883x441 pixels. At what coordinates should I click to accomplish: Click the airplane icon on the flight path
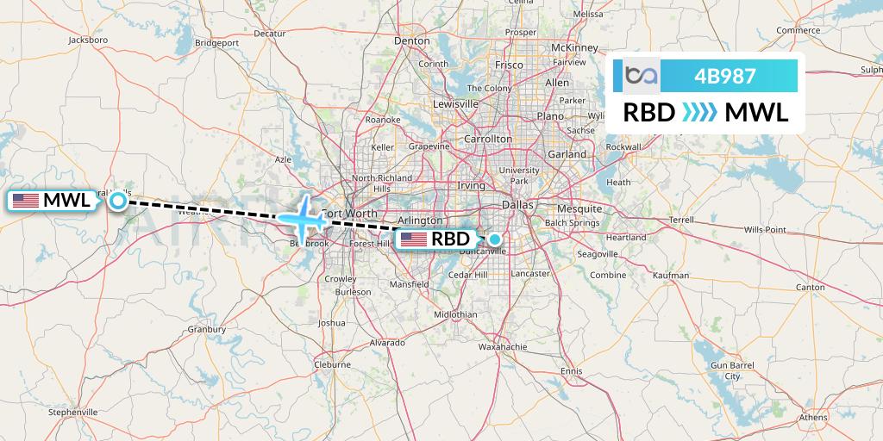[x=302, y=216]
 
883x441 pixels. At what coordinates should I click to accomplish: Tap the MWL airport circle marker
[x=118, y=201]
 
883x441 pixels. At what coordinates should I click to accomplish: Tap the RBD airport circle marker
[x=495, y=239]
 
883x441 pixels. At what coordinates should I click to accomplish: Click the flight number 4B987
[x=724, y=77]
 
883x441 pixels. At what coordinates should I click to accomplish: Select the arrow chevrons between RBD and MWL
[x=699, y=112]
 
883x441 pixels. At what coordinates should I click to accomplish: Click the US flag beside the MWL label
[x=26, y=201]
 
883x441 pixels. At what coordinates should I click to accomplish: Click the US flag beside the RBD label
[x=414, y=239]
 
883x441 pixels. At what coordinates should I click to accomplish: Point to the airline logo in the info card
[x=642, y=77]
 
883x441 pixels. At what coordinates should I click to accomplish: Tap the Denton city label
[x=411, y=40]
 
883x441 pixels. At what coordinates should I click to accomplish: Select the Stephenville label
[x=75, y=412]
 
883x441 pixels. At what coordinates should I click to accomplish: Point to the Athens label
[x=811, y=417]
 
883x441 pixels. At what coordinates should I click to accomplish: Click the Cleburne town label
[x=332, y=364]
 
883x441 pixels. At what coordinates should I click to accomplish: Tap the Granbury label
[x=207, y=329]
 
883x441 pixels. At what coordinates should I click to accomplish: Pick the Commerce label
[x=798, y=30]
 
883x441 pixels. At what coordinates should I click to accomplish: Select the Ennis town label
[x=571, y=370]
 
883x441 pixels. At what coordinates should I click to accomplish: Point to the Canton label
[x=811, y=287]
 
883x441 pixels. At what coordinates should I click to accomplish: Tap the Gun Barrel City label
[x=732, y=371]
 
